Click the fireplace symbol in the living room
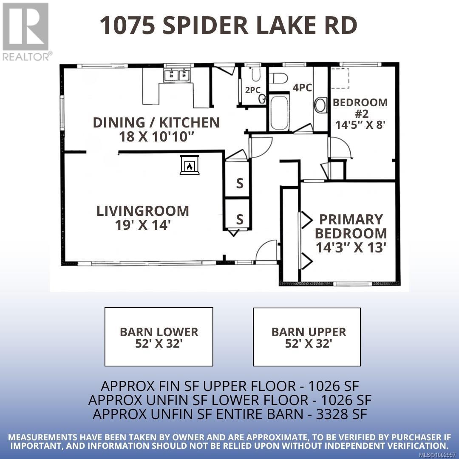pos(190,165)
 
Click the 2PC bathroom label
pos(252,90)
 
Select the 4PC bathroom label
pos(302,88)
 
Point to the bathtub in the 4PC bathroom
pos(280,113)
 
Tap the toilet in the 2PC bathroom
pos(256,75)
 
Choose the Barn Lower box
pos(159,337)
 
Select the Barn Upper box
pos(307,337)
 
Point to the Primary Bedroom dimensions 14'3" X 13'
pos(351,247)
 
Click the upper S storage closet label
pos(240,184)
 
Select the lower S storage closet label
pos(240,219)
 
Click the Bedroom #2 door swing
pos(340,149)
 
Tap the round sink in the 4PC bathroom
pos(320,105)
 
